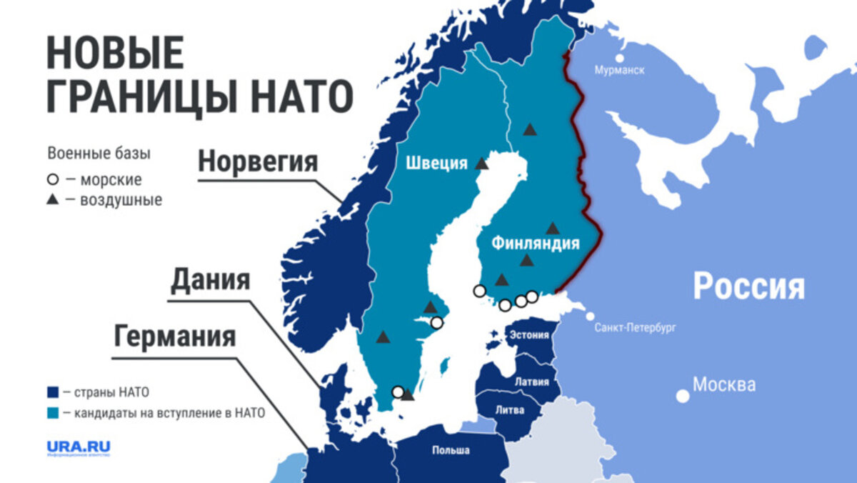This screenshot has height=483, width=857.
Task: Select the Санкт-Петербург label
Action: coord(636,328)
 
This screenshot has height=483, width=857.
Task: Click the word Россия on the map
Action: coord(748,287)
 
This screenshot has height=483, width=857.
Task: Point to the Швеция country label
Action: coord(436,163)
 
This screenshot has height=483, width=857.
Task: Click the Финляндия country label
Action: coord(535,244)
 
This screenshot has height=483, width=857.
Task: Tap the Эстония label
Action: coord(531,335)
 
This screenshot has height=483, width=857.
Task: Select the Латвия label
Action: coord(531,381)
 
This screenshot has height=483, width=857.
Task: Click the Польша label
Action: coord(451,450)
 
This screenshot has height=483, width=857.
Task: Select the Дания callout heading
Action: coord(210,280)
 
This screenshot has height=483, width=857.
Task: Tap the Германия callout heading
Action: coord(175,336)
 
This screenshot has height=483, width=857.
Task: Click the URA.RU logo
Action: coord(79,448)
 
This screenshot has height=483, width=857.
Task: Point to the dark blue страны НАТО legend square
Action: coord(53,392)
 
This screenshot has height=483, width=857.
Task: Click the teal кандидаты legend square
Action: coord(53,412)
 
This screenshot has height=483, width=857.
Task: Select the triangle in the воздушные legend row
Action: coord(53,200)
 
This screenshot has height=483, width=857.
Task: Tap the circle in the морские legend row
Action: coord(53,180)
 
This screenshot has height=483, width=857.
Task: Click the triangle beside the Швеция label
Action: coord(482,164)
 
